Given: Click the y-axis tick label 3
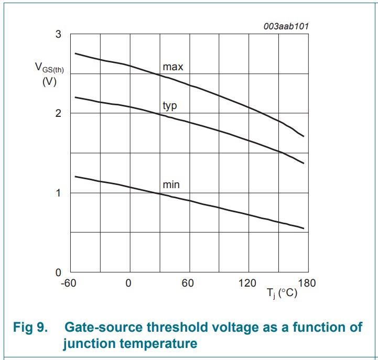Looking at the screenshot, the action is (58, 34).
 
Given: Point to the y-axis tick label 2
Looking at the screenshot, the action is (58, 113).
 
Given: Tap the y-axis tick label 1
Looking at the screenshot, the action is (58, 193).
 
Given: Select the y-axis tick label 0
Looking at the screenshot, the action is (58, 272).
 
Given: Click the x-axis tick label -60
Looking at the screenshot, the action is (69, 283).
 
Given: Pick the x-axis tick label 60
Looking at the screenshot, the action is (188, 283).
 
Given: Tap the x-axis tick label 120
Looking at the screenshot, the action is (247, 283).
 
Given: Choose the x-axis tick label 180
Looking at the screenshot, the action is (307, 283).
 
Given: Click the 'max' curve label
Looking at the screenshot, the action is (173, 67).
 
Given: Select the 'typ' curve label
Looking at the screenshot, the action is (170, 106).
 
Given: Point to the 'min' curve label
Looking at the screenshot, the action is (171, 185).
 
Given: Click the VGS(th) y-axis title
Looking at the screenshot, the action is (49, 68).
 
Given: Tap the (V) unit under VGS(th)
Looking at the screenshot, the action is (49, 82).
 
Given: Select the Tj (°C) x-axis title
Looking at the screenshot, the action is (282, 293).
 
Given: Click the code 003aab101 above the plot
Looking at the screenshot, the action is (286, 26).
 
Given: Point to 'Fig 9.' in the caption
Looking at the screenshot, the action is (30, 327).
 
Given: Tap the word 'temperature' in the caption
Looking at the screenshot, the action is (158, 344).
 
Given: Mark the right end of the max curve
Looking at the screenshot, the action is (304, 136).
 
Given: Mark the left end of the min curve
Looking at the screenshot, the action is (75, 177).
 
